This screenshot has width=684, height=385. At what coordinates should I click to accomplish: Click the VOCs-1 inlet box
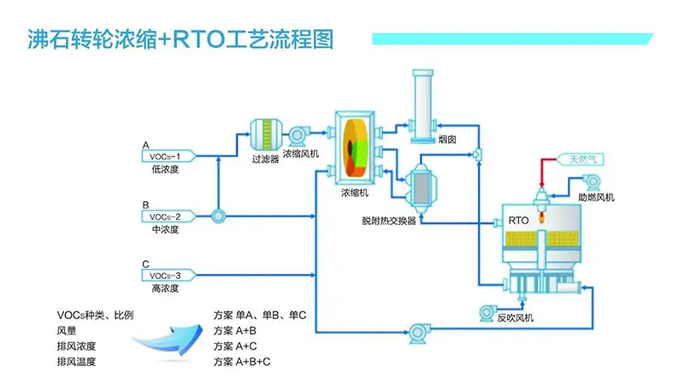tap(167, 157)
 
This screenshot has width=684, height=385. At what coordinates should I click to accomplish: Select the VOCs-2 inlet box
tap(167, 216)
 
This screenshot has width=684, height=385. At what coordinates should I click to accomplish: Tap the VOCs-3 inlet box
tap(167, 275)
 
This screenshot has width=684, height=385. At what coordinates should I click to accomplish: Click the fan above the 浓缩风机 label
tap(300, 134)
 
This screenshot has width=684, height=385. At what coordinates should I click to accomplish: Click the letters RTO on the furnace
tap(518, 220)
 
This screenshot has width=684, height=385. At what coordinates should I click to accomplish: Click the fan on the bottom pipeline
tap(418, 330)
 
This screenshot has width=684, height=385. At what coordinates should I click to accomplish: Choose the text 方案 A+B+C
tap(242, 362)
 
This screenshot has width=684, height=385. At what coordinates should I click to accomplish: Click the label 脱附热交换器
tap(388, 221)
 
